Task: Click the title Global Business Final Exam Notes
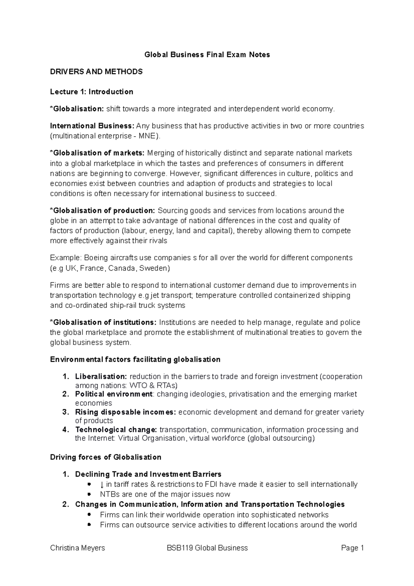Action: [x=207, y=55]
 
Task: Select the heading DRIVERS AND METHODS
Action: [x=96, y=72]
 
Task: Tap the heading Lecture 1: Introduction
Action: [x=91, y=92]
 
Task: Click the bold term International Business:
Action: [x=92, y=126]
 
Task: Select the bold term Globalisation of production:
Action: [x=103, y=211]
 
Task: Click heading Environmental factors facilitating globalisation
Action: [x=135, y=360]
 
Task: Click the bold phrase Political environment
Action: [x=114, y=394]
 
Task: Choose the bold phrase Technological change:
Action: [x=116, y=430]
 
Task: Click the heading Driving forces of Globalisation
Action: [x=106, y=457]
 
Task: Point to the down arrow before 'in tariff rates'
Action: [x=102, y=485]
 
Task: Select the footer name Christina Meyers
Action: [x=78, y=548]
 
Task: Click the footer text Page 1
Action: [x=352, y=548]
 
